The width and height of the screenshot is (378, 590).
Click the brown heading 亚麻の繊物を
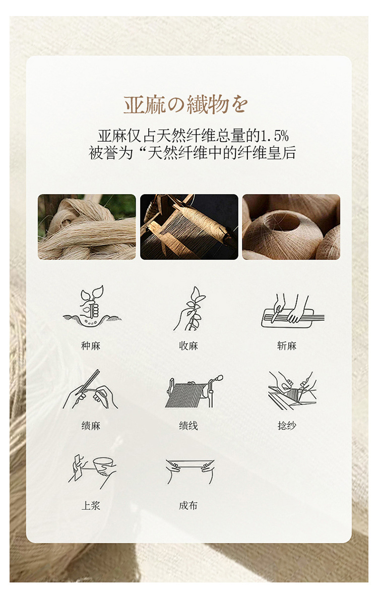point(186,104)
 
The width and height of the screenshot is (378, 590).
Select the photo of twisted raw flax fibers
point(87,227)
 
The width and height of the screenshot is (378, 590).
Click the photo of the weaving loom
point(189,227)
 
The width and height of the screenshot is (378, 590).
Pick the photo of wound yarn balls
point(291,227)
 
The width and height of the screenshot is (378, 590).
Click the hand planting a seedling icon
point(91,306)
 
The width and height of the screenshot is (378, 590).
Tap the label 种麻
point(91,346)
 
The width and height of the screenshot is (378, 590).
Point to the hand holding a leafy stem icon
point(191,309)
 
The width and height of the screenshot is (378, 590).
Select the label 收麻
point(188,346)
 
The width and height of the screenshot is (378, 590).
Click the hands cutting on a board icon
point(292,311)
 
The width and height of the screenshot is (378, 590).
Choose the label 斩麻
point(287,346)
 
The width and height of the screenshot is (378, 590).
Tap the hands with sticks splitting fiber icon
point(90,389)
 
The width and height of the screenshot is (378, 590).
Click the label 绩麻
point(91,426)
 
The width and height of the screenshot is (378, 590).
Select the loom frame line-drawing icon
point(194,391)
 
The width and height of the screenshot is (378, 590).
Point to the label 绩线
point(188,426)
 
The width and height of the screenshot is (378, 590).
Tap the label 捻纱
point(287,426)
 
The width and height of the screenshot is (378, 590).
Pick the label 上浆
point(91,505)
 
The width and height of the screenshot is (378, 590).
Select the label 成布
point(188,505)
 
